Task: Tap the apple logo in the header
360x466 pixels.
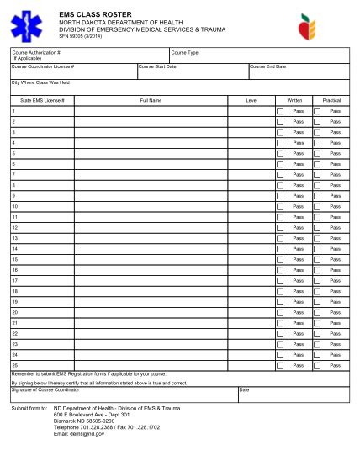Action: coord(310,27)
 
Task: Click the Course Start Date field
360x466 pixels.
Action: coord(192,71)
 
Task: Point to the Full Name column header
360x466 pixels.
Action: coord(151,100)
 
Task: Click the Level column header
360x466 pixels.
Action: coord(251,100)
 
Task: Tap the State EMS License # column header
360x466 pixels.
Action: coord(42,100)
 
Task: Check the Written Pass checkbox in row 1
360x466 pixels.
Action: coord(280,111)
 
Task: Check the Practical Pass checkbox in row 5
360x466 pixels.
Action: coord(317,153)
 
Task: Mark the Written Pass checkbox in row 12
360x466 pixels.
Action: coord(280,227)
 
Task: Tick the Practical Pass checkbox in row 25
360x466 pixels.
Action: coord(317,365)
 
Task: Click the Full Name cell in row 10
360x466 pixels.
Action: coord(151,206)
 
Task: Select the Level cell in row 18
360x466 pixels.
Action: coord(251,291)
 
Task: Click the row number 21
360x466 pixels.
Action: coord(15,323)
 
